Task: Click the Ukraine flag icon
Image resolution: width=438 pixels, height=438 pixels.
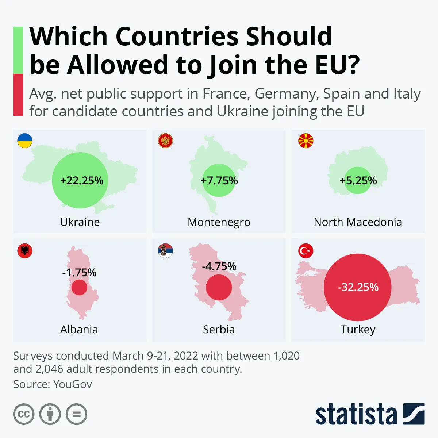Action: point(25,141)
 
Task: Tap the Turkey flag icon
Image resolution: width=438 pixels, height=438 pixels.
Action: point(306,251)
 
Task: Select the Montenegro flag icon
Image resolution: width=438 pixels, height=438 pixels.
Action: point(165,141)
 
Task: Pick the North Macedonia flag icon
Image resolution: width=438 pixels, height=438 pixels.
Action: point(306,141)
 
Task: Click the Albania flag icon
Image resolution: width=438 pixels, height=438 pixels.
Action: point(25,251)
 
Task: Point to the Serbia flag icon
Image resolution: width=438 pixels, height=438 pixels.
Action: point(165,251)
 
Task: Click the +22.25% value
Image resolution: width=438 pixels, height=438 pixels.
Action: point(81,181)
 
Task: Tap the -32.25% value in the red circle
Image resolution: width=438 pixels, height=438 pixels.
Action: point(358,287)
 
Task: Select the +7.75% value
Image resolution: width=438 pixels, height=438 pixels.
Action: point(219,181)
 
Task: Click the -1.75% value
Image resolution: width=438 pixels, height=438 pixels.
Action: point(79,273)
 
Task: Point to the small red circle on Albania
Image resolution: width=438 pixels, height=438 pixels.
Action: point(79,288)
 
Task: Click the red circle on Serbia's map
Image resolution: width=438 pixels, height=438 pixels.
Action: point(219,287)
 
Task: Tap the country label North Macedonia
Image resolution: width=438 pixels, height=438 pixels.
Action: point(358,222)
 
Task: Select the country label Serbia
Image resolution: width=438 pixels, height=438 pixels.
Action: point(219,329)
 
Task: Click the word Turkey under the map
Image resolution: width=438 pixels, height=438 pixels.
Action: point(358,329)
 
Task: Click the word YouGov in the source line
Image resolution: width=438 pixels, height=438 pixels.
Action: point(73,384)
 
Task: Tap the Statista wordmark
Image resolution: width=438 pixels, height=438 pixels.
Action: point(356,415)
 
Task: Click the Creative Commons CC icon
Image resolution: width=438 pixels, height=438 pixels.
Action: point(24,414)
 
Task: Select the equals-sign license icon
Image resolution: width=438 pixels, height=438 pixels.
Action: point(76,414)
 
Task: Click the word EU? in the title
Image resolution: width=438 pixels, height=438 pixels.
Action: point(335,65)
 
